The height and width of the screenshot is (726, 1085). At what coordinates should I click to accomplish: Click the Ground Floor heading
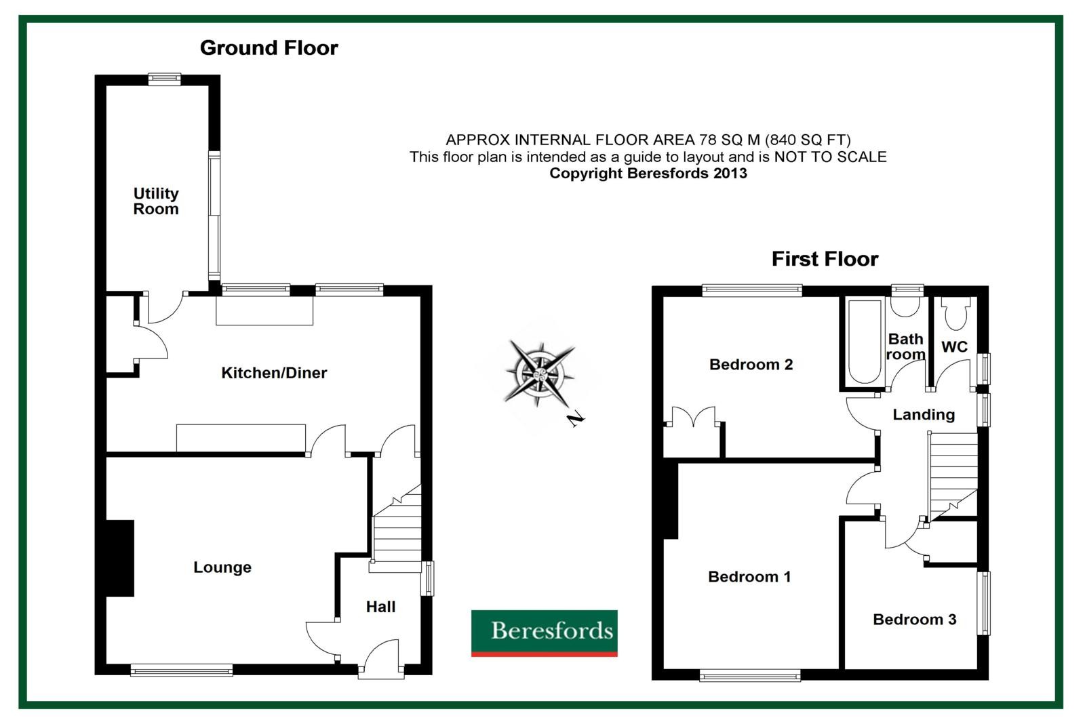tap(269, 48)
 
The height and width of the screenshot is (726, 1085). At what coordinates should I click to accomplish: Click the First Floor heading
tap(825, 259)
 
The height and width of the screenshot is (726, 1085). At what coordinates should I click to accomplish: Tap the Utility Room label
tap(156, 201)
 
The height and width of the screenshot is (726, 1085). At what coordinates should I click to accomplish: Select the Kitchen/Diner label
tap(274, 372)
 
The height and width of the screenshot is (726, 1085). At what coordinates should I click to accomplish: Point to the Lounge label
tap(222, 567)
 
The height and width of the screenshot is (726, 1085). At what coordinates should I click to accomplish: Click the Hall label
tap(380, 607)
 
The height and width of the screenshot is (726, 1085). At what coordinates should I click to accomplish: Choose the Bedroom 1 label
tap(749, 576)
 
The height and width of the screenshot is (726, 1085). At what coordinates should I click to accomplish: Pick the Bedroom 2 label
tap(751, 364)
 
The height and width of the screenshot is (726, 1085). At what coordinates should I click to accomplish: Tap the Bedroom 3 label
tap(915, 619)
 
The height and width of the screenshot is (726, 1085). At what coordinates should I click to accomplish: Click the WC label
tap(954, 347)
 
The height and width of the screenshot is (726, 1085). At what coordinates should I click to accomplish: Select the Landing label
tap(924, 415)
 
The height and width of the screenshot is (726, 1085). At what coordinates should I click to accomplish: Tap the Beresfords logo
tap(544, 633)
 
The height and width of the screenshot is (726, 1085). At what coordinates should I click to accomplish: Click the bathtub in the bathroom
tap(865, 342)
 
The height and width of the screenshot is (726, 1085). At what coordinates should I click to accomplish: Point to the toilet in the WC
tap(955, 313)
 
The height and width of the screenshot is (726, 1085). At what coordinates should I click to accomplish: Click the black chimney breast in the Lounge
tap(119, 558)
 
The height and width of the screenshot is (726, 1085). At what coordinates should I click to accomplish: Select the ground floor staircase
tap(397, 528)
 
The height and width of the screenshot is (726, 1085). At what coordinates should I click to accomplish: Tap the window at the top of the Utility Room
tap(164, 79)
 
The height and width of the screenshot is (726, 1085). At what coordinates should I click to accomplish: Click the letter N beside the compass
tap(576, 419)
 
